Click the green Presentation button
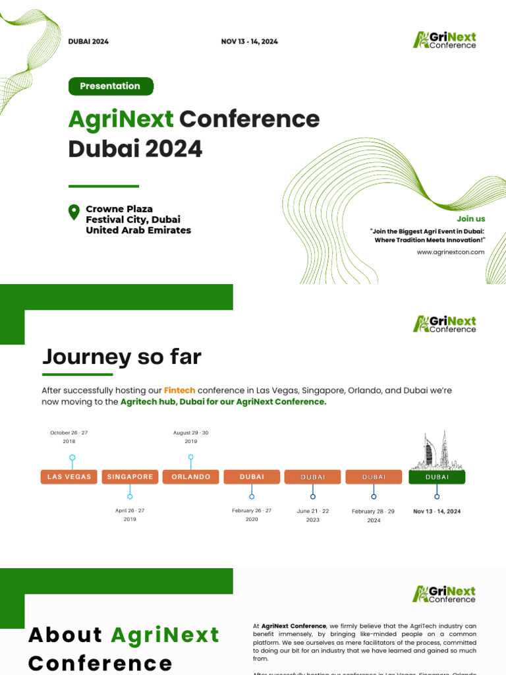111,86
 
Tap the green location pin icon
74,212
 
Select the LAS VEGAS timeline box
69,477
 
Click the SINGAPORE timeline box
130,477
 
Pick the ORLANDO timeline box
191,477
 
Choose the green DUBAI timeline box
437,477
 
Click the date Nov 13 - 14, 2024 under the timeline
437,511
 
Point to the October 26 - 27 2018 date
69,437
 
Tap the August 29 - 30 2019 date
191,437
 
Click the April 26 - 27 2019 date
130,515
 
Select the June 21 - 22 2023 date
313,515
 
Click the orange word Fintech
179,390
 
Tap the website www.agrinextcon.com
451,252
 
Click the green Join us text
471,218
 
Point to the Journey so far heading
122,357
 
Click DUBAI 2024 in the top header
88,42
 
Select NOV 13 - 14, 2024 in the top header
249,42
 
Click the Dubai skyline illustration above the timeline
437,450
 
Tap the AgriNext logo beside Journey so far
444,324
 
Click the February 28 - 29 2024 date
374,515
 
